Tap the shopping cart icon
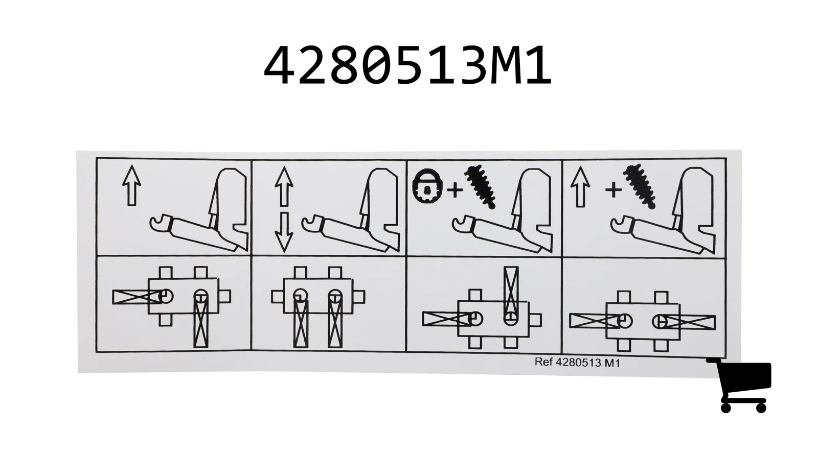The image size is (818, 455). (739, 386)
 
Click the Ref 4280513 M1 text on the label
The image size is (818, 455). (577, 363)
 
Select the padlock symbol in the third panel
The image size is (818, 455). (427, 186)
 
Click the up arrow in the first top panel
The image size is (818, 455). (131, 185)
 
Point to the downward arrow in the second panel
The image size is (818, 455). (284, 232)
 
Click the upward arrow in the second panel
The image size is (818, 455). (284, 187)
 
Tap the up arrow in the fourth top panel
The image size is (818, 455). (580, 187)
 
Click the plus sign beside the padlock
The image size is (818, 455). (455, 190)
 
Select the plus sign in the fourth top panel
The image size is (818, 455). (613, 190)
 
